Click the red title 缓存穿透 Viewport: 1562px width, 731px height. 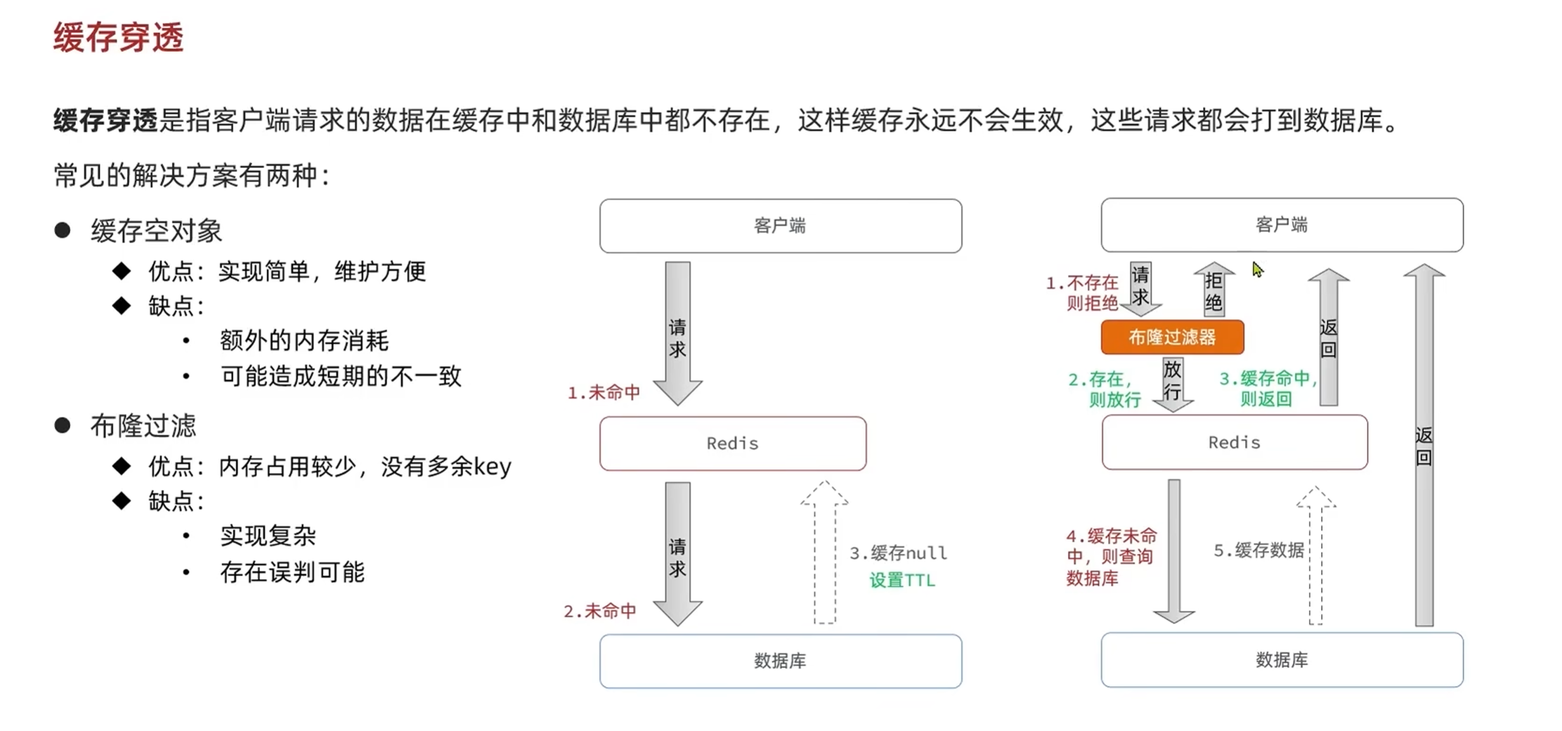tap(118, 37)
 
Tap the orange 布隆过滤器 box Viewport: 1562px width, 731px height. tap(1172, 337)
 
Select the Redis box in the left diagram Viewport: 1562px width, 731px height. tap(733, 444)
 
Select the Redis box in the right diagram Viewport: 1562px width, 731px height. tap(1235, 442)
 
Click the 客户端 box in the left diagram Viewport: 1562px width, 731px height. tap(780, 226)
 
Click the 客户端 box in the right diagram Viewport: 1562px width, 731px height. tap(1282, 225)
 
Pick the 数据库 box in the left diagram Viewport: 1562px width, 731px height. tap(780, 661)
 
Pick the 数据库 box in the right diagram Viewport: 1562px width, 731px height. tap(1282, 660)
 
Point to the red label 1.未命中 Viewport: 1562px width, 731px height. tap(604, 392)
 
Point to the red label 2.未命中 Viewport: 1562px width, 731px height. tap(600, 611)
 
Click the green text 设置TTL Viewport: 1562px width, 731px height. tap(902, 581)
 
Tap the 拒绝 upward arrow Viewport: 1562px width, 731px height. tap(1213, 290)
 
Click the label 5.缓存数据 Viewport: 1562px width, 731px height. tap(1258, 550)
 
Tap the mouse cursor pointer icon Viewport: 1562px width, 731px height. tap(1257, 270)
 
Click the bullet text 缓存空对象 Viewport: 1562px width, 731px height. tap(156, 231)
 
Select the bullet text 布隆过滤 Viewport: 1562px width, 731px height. tap(143, 426)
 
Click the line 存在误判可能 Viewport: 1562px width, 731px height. tap(292, 572)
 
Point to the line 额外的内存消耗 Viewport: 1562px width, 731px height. tap(304, 341)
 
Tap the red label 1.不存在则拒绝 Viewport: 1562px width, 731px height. tap(1083, 292)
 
